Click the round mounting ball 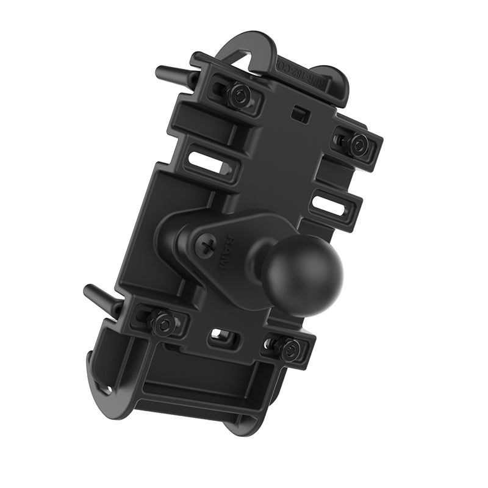(x=302, y=274)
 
